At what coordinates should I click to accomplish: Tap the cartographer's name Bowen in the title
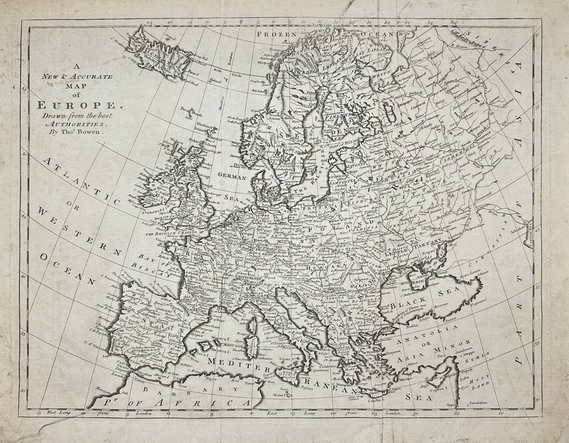[90, 131]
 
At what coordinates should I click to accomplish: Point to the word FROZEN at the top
[277, 34]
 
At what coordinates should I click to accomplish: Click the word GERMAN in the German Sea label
[232, 177]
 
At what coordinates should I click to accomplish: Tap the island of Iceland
[157, 53]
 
